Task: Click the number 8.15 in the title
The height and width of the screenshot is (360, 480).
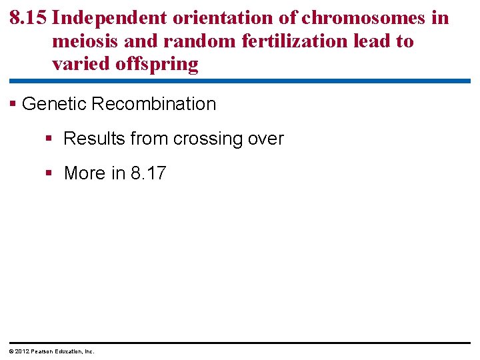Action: [x=28, y=18]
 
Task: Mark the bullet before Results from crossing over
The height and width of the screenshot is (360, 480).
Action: [x=49, y=139]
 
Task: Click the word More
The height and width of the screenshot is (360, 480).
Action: [x=85, y=173]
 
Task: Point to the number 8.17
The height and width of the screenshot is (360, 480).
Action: [x=148, y=173]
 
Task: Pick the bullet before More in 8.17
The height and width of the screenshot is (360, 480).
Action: [x=49, y=173]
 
